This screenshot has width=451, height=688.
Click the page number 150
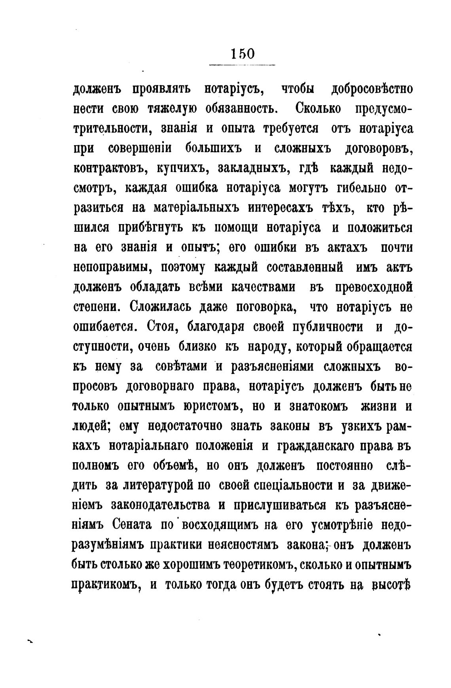click(242, 54)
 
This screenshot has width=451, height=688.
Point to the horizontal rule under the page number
click(242, 65)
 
